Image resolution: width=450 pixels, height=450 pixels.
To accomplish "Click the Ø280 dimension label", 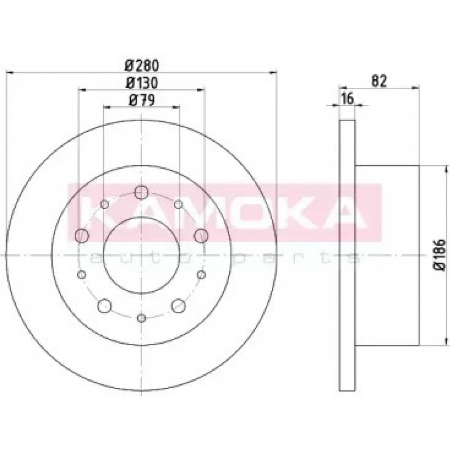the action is (142, 66).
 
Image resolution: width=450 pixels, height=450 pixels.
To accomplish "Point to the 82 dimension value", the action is (379, 81).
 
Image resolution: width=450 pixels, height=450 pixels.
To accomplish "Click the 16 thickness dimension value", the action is (347, 99).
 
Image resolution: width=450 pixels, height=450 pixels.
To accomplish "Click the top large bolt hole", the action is (141, 192).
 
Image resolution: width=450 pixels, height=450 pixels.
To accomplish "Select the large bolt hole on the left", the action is (82, 236).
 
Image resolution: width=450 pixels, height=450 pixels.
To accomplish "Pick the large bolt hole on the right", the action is (201, 236).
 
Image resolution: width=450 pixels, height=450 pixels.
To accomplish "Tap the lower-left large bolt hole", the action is (104, 306).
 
